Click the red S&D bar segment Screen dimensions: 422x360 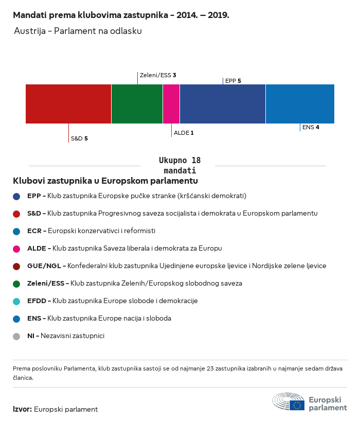pyautogui.click(x=68, y=104)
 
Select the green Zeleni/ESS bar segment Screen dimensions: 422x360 pyautogui.click(x=137, y=104)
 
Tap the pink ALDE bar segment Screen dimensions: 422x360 pyautogui.click(x=171, y=104)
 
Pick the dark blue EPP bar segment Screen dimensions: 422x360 pyautogui.click(x=223, y=104)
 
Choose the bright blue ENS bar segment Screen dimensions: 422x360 pyautogui.click(x=300, y=104)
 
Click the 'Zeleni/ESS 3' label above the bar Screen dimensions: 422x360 pyautogui.click(x=158, y=75)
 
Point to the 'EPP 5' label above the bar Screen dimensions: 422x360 pyautogui.click(x=233, y=81)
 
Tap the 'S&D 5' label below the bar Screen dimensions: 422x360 pyautogui.click(x=79, y=138)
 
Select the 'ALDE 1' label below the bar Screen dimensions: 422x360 pyautogui.click(x=184, y=133)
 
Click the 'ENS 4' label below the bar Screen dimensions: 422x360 pyautogui.click(x=311, y=127)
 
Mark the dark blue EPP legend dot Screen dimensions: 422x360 pyautogui.click(x=17, y=196)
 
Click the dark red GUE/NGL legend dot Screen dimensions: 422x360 pyautogui.click(x=17, y=266)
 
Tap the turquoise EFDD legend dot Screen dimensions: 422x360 pyautogui.click(x=17, y=301)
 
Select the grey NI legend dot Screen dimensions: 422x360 pyautogui.click(x=17, y=336)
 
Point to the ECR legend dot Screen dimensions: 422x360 pyautogui.click(x=17, y=231)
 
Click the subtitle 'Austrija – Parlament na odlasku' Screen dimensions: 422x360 pyautogui.click(x=78, y=31)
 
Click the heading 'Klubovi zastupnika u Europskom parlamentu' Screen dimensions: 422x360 pyautogui.click(x=105, y=181)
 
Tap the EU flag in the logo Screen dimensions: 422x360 pyautogui.click(x=297, y=405)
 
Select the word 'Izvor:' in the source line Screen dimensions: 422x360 pyautogui.click(x=23, y=410)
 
